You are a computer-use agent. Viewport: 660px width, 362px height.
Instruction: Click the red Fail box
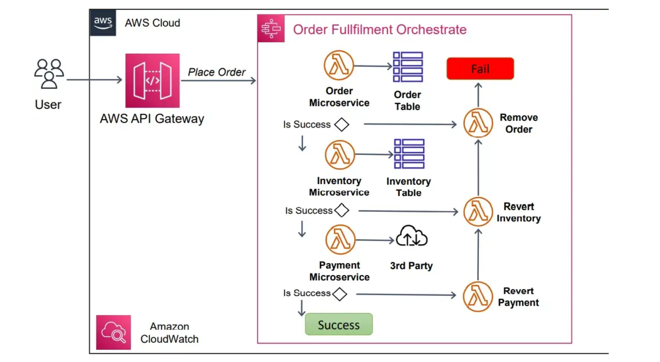480,69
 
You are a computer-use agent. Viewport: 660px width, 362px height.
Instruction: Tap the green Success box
339,324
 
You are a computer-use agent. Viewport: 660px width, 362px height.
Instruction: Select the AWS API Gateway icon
152,81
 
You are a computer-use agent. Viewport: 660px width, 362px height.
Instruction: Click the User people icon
49,74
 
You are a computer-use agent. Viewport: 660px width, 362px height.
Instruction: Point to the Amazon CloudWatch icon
113,332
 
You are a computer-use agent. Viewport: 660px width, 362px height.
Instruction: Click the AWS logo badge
103,22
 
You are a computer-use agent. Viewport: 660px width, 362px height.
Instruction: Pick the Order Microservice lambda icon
339,65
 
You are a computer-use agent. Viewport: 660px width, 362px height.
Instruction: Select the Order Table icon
408,67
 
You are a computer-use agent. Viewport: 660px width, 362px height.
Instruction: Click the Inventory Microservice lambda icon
339,155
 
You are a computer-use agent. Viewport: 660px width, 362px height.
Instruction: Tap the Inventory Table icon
409,154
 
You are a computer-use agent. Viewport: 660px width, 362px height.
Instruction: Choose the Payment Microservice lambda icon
340,239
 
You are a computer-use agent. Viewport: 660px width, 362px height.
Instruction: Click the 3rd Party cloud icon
411,236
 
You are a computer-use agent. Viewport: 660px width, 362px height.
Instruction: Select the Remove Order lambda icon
478,123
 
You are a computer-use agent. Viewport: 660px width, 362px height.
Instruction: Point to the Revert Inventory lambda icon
478,212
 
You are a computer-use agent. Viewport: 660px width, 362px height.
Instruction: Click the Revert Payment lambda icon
478,297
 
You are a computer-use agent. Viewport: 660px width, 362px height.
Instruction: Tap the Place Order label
217,72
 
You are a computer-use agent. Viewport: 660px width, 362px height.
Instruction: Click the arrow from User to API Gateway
94,80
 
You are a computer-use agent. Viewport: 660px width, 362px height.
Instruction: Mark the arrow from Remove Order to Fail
478,95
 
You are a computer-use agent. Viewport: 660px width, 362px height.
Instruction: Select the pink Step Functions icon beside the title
271,29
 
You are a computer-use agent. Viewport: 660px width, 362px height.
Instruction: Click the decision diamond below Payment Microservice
340,294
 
